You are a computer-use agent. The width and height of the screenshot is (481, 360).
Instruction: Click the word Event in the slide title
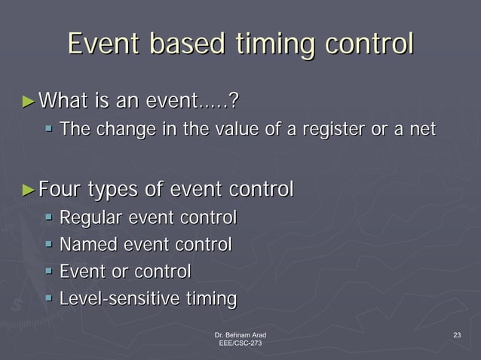click(x=105, y=43)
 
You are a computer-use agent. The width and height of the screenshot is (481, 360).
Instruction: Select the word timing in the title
click(x=273, y=44)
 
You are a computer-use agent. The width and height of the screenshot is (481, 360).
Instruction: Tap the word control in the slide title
click(x=369, y=43)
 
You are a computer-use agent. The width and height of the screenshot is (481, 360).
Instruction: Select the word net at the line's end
click(x=422, y=130)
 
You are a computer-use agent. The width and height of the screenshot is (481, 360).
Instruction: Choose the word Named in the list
click(x=84, y=245)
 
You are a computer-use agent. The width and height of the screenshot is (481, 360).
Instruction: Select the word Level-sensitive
click(x=120, y=299)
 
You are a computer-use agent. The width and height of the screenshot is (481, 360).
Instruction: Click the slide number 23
click(x=456, y=334)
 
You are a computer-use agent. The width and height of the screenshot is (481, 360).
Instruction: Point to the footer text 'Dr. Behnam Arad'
click(x=240, y=334)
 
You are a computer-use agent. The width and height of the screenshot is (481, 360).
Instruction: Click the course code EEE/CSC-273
click(x=240, y=343)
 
